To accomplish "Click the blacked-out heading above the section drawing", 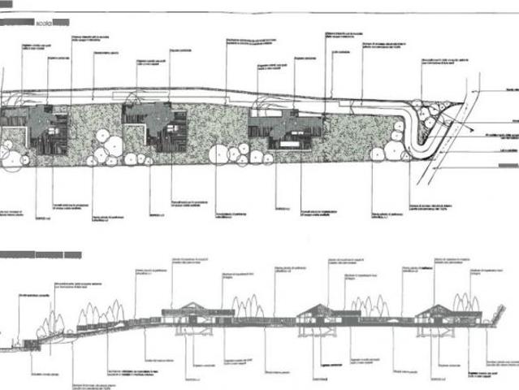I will pos(41,255).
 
